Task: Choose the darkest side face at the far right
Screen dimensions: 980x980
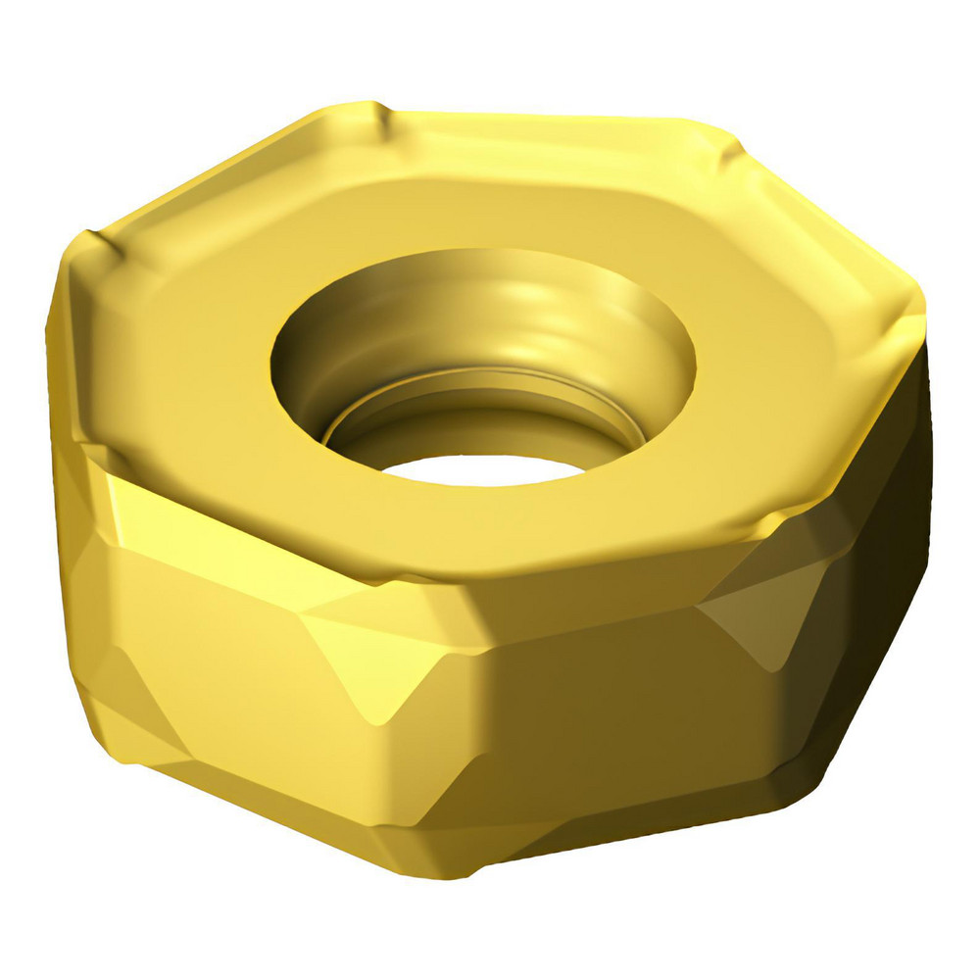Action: coord(872,588)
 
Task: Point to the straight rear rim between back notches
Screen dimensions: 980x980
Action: coord(549,127)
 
